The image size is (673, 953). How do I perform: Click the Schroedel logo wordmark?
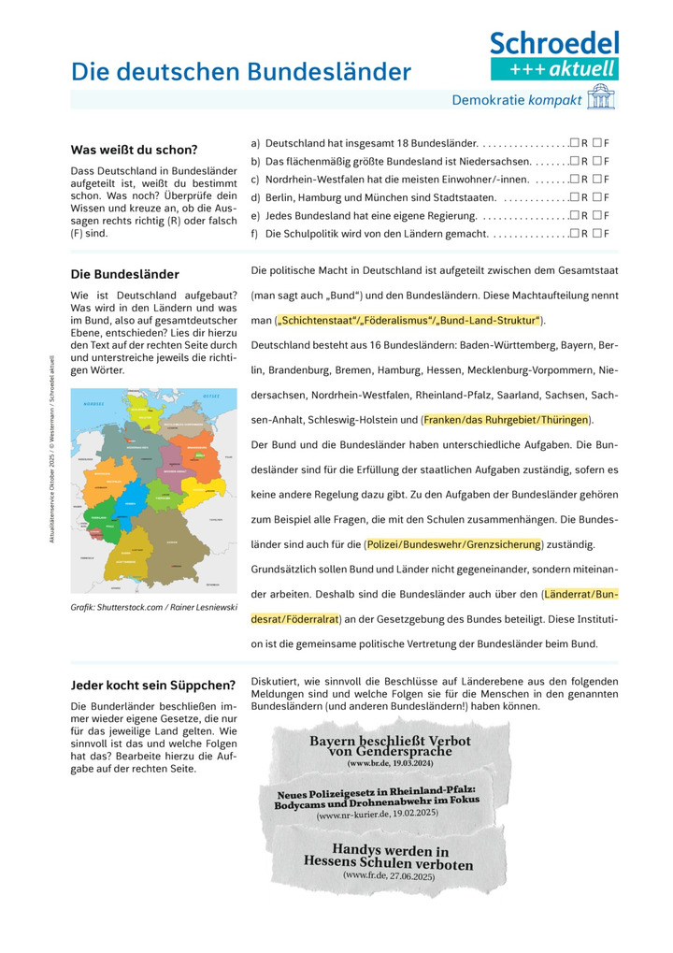click(x=554, y=43)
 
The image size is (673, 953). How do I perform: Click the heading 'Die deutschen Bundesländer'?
click(x=241, y=72)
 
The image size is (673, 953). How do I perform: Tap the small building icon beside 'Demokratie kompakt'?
click(x=600, y=99)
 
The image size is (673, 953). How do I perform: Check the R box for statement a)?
click(x=574, y=144)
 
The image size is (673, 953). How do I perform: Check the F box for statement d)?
click(x=597, y=197)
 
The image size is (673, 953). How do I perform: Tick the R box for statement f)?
click(x=574, y=233)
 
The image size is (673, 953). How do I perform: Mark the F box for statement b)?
click(x=597, y=162)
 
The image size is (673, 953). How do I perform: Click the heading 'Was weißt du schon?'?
click(x=134, y=150)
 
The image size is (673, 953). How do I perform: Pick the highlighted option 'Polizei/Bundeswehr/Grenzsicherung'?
click(x=453, y=543)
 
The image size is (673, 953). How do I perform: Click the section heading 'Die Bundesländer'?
click(x=124, y=274)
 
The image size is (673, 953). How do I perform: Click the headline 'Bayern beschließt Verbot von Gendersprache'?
click(x=390, y=745)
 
